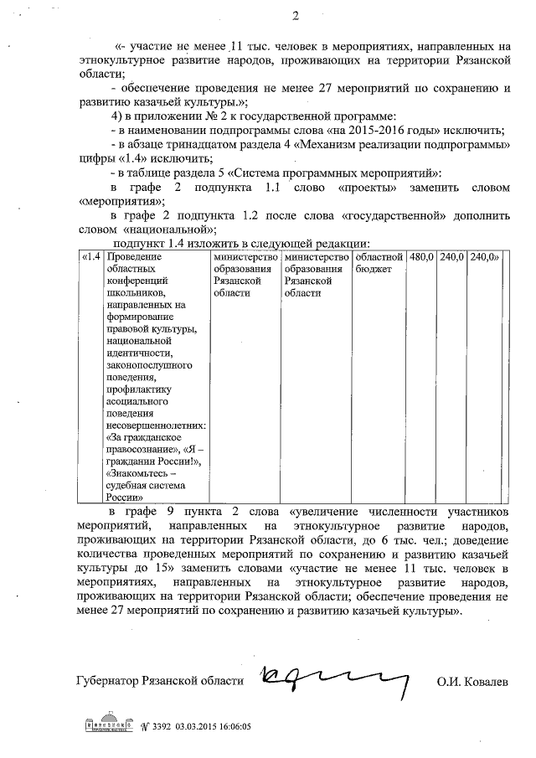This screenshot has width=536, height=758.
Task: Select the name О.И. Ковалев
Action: pos(472,682)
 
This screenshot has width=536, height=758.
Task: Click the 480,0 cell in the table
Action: pos(420,256)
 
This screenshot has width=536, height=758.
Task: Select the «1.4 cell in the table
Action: pos(91,256)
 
